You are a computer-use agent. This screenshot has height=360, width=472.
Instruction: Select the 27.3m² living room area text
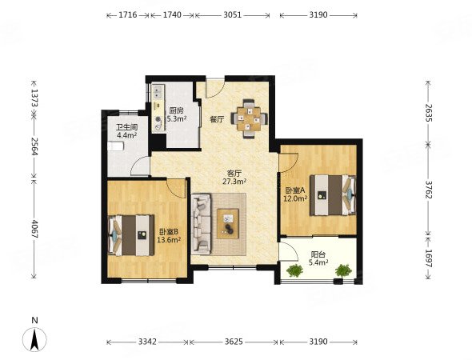(x=234, y=182)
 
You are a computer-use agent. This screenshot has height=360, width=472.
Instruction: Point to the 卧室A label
(x=295, y=190)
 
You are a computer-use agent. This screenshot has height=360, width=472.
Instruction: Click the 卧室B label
(x=169, y=232)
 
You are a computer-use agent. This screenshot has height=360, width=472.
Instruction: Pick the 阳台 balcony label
(x=318, y=254)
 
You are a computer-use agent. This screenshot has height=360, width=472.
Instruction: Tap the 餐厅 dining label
(x=217, y=120)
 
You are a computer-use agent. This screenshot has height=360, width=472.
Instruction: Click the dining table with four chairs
(x=250, y=118)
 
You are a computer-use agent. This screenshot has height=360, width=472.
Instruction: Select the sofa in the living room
(x=201, y=223)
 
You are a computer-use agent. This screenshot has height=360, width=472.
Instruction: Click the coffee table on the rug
(x=228, y=224)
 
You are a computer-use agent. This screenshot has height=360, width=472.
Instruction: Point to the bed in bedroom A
(x=333, y=195)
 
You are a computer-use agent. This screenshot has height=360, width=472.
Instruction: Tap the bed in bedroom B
(x=131, y=235)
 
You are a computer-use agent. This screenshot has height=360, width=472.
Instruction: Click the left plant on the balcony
(x=294, y=270)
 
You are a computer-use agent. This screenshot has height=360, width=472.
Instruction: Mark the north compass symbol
(x=35, y=339)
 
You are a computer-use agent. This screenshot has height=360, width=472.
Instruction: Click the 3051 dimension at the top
(x=232, y=14)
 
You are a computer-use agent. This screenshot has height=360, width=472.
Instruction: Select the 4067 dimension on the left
(x=34, y=230)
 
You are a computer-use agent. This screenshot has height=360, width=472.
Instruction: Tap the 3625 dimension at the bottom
(x=234, y=342)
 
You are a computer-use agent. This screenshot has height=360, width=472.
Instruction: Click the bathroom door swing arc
(x=138, y=164)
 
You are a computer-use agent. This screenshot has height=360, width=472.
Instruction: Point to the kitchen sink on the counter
(x=158, y=92)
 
